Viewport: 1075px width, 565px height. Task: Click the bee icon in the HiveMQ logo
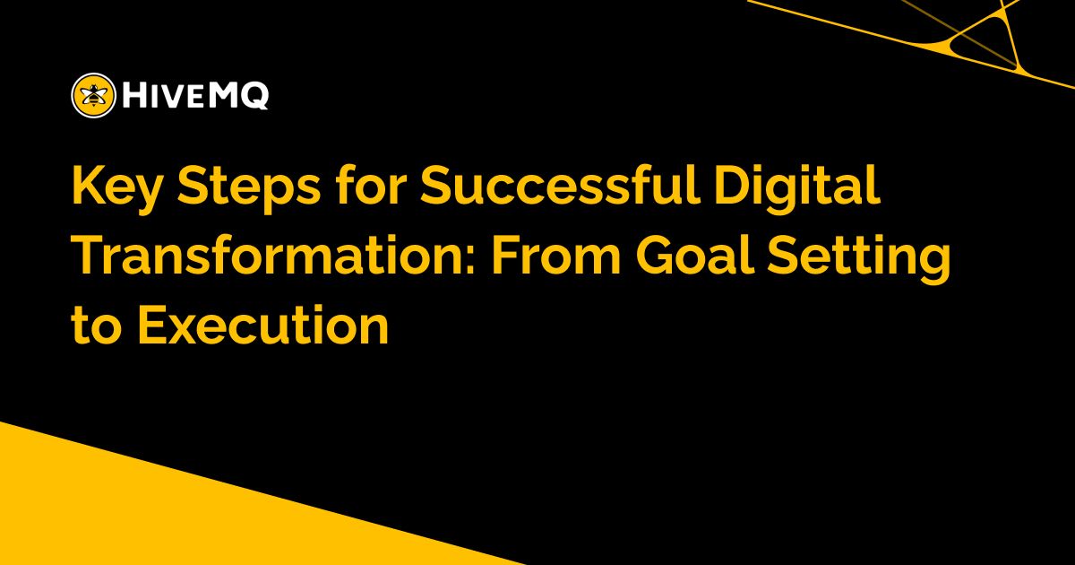coord(92,94)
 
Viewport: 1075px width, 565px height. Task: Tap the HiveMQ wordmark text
coord(193,94)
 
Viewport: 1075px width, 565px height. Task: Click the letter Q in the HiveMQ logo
coord(254,94)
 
